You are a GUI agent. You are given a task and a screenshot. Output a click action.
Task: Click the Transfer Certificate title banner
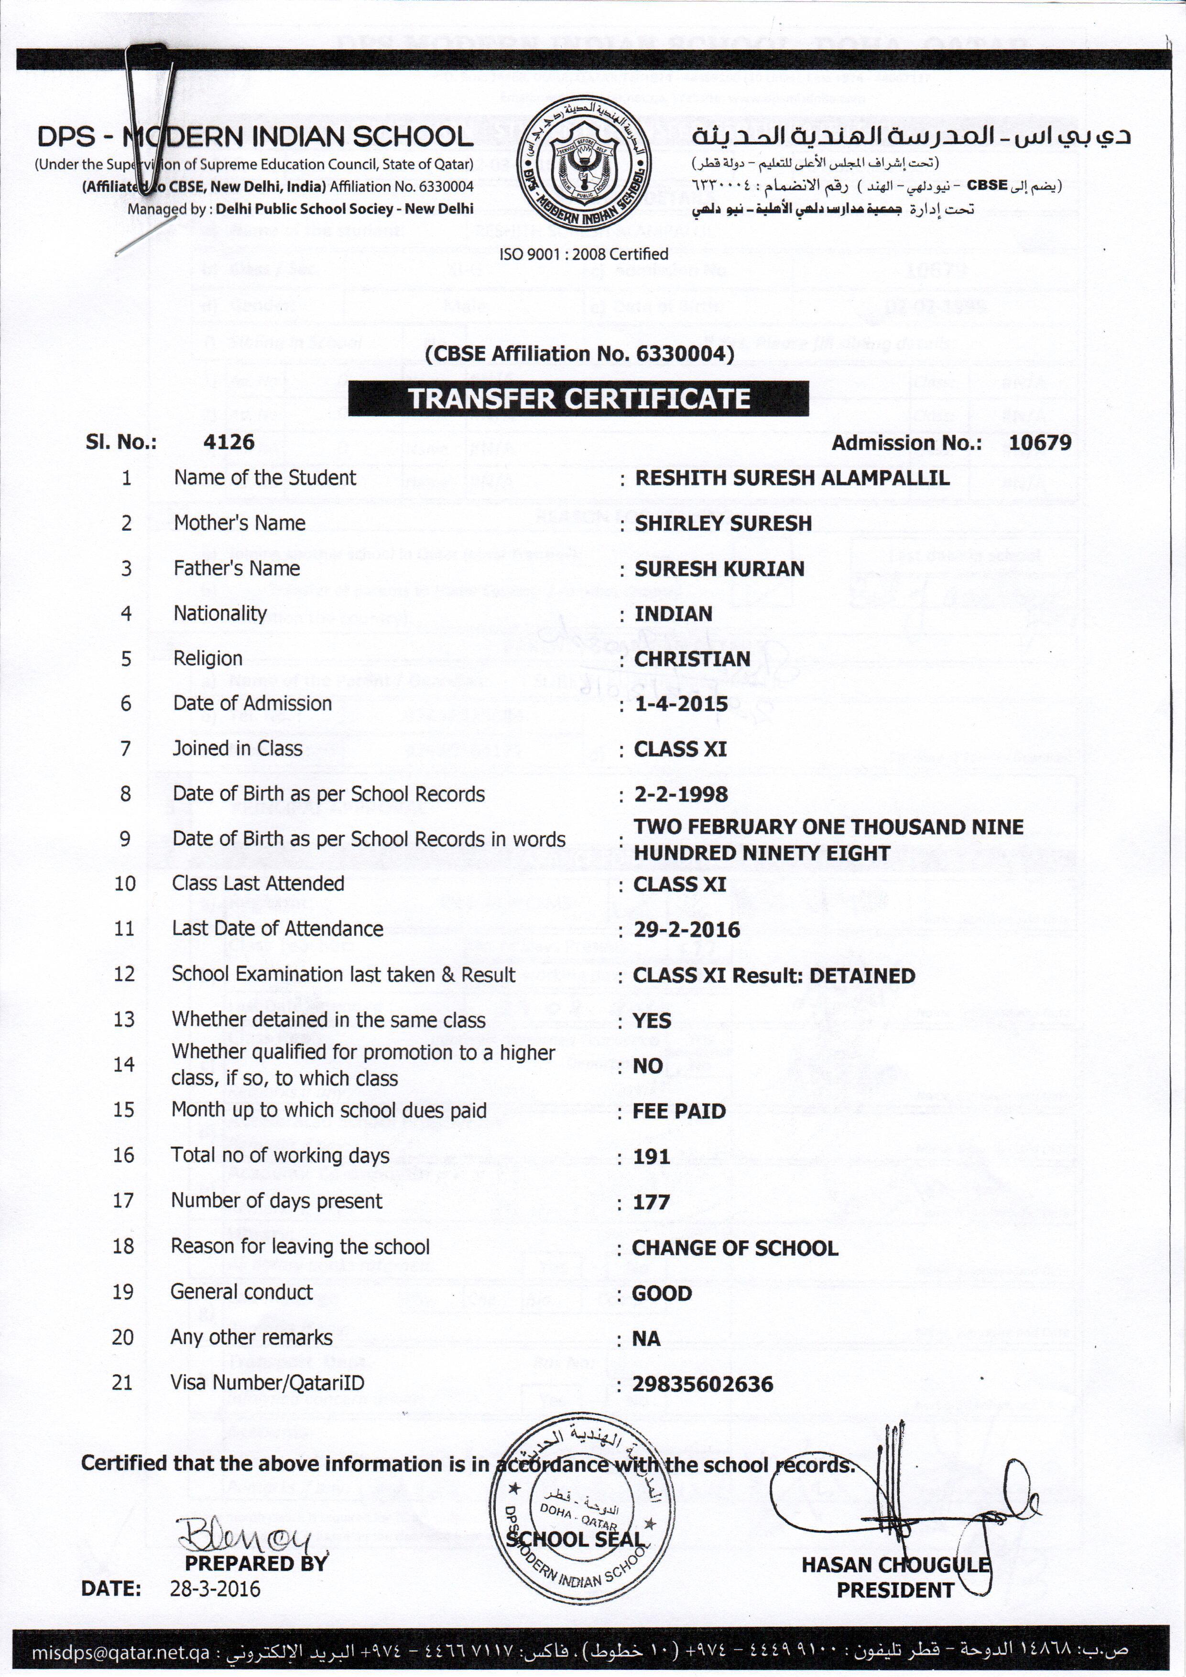(x=578, y=399)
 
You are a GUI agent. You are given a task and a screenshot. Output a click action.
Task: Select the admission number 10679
(x=1040, y=442)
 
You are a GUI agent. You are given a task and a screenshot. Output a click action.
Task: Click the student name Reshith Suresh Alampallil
(x=792, y=478)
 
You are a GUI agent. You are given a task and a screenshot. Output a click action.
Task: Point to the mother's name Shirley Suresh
(x=723, y=523)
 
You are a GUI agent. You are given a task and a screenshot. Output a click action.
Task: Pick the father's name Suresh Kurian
(x=719, y=568)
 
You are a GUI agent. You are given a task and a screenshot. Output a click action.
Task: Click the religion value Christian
(x=692, y=659)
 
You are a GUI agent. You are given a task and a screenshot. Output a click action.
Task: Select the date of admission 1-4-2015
(x=681, y=704)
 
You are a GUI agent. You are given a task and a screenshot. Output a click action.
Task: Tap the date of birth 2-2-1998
(x=681, y=794)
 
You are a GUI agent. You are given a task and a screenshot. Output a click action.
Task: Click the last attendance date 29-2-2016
(x=686, y=930)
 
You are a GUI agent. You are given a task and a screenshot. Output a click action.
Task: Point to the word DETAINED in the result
(x=862, y=976)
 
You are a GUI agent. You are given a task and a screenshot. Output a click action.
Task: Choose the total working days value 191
(x=652, y=1156)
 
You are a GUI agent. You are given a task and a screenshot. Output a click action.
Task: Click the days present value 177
(x=652, y=1202)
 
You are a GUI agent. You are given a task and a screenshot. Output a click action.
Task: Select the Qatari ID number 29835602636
(x=703, y=1384)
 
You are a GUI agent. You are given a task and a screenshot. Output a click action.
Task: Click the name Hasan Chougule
(x=895, y=1565)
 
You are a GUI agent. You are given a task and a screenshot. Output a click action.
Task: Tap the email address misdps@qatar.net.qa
(x=120, y=1652)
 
